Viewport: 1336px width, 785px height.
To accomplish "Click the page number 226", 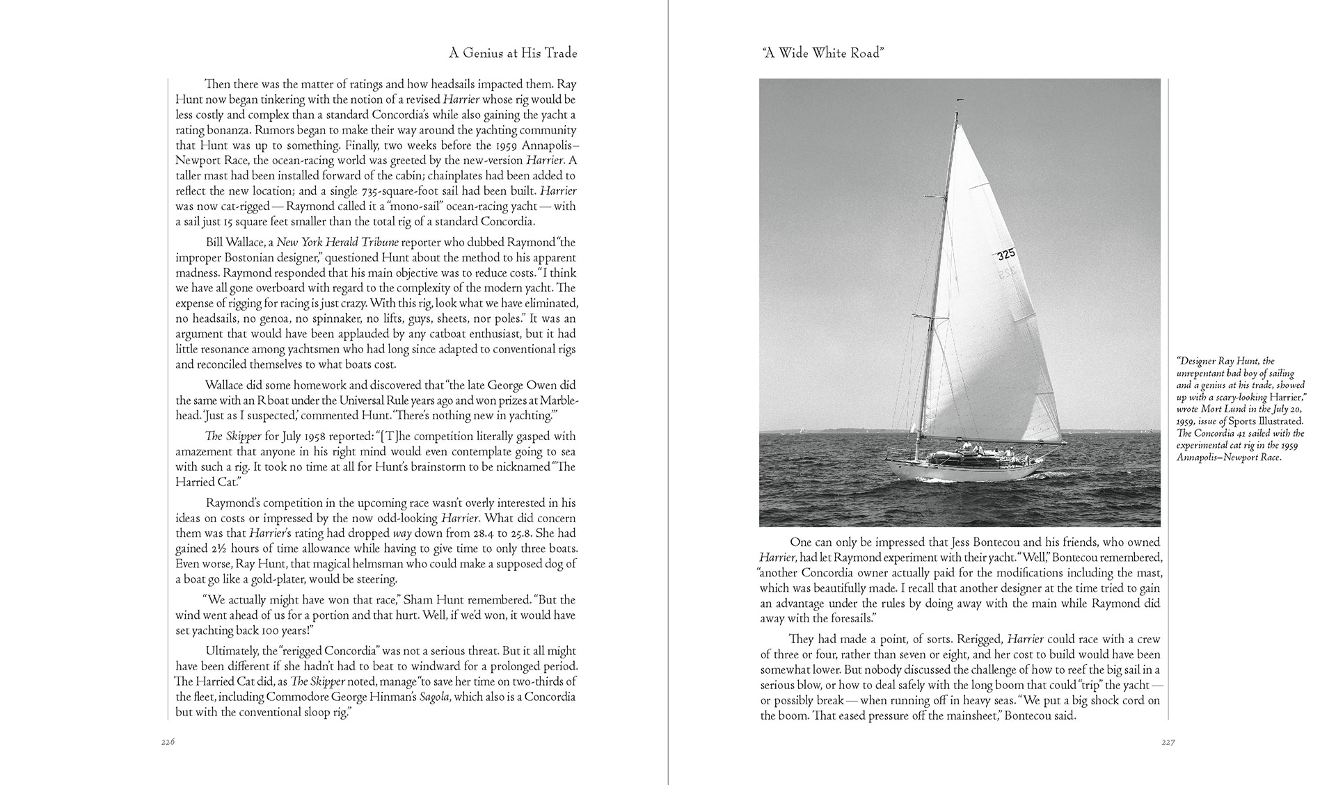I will pos(167,743).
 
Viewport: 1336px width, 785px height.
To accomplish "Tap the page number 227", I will pos(1168,743).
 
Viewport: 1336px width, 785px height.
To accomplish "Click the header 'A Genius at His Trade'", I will pos(513,54).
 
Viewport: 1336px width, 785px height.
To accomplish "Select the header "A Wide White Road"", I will pos(822,54).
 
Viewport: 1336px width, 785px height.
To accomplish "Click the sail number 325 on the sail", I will pos(1005,255).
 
